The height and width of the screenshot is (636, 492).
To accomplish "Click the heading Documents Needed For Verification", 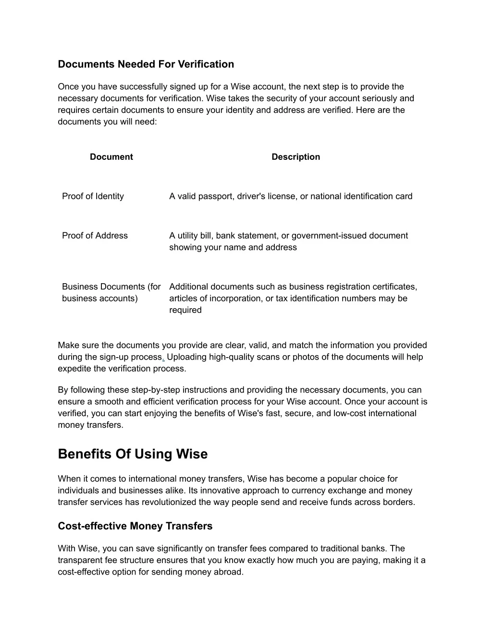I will pos(146,64).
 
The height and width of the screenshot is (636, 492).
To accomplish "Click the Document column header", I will pos(111,157).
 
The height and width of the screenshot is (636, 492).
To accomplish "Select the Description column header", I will pos(295,157).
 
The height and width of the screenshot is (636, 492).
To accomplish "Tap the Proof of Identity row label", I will pos(93,196).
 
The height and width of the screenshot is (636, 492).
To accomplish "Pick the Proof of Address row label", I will pos(95,236).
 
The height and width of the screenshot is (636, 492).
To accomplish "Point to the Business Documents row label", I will pos(111,292).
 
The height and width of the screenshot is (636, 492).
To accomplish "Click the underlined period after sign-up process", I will pos(164,358).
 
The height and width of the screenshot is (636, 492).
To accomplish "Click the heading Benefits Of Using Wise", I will pos(133,454).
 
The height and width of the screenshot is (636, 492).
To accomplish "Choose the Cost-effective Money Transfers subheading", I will pos(135,526).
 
